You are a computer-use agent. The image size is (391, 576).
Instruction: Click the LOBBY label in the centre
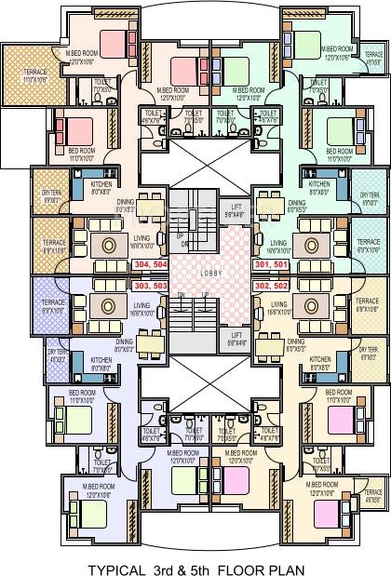[195, 274]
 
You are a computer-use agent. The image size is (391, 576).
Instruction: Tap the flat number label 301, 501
[271, 264]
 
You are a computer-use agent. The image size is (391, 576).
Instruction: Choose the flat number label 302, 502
[271, 286]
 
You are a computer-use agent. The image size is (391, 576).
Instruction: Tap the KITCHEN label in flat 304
[101, 184]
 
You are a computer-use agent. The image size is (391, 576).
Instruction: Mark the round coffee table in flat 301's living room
[308, 245]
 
